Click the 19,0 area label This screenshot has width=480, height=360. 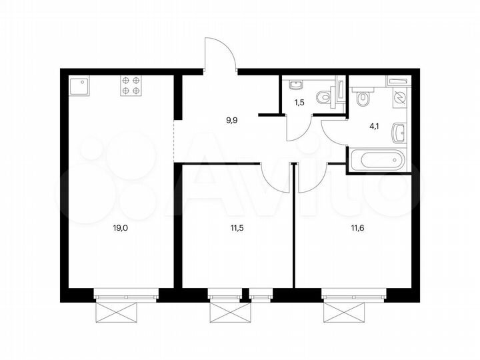(120, 227)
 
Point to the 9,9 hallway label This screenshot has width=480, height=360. (232, 121)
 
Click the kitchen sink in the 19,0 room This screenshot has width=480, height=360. (81, 87)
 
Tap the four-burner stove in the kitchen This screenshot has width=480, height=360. (131, 87)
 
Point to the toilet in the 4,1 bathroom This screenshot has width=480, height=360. (363, 99)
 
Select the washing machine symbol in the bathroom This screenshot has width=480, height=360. (399, 97)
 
